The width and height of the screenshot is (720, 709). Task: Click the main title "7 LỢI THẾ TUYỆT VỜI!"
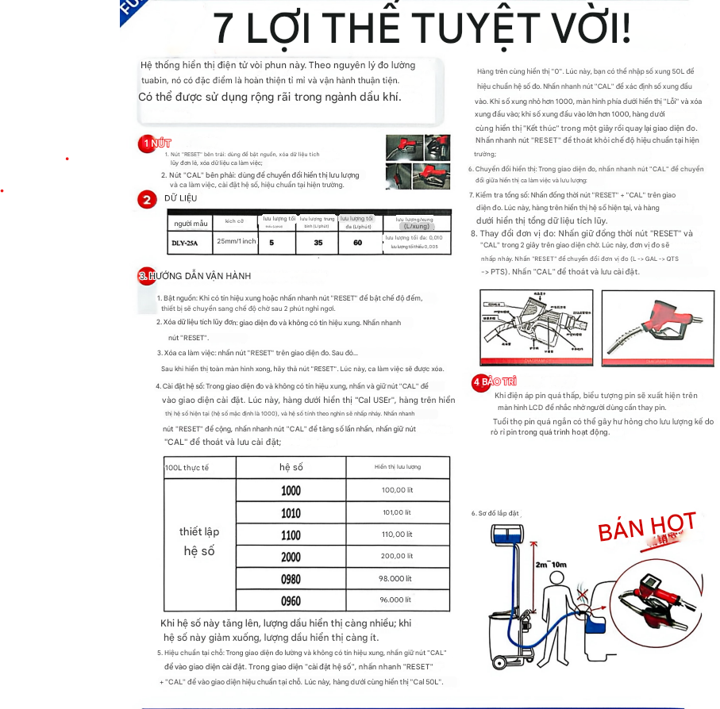tap(422, 29)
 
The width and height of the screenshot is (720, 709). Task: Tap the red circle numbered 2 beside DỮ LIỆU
tap(146, 199)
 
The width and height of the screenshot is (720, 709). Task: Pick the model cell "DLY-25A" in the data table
tap(185, 243)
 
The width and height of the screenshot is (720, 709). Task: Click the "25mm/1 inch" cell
tap(236, 241)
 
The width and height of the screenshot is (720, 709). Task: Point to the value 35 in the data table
tap(318, 243)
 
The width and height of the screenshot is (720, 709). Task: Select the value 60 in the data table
tap(358, 243)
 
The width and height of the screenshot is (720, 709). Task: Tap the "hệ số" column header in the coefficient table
tap(291, 467)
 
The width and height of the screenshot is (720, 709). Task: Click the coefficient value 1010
tap(291, 512)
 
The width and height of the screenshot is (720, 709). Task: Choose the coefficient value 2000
tap(291, 557)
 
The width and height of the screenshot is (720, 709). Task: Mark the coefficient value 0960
tap(291, 600)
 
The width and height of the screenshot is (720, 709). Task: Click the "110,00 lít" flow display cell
tap(398, 535)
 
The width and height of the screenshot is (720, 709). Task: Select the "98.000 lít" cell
tap(396, 578)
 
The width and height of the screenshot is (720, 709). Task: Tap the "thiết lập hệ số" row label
tap(199, 541)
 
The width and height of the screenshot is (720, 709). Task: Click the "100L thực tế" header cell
tap(187, 468)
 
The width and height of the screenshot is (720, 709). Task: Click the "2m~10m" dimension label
tap(551, 565)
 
